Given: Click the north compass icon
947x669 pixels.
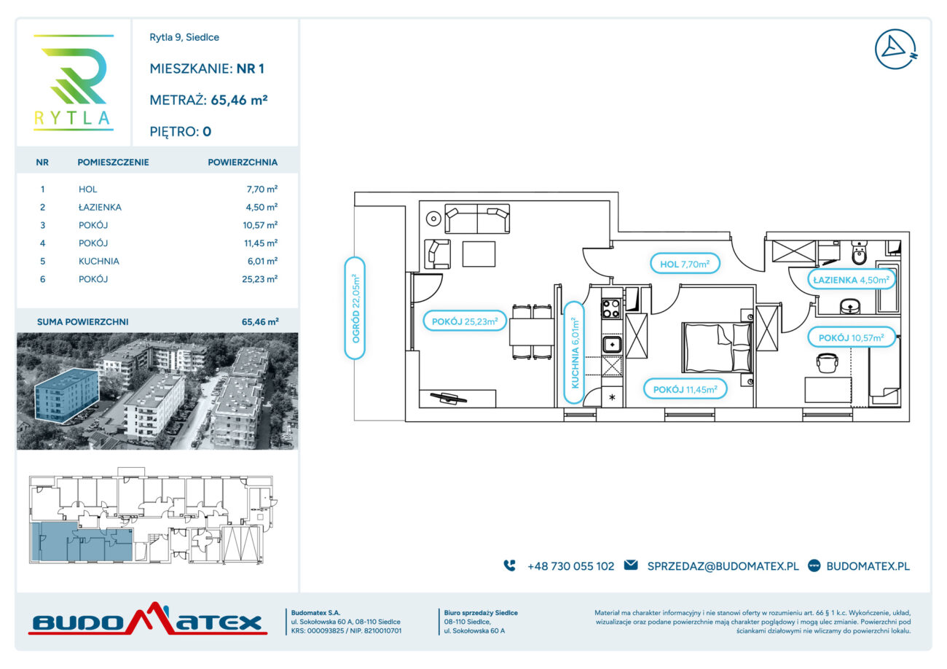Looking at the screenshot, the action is [x=895, y=49].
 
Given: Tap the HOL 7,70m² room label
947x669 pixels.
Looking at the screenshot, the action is [x=685, y=264].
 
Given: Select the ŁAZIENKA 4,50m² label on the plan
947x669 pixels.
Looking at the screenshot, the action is [x=851, y=280].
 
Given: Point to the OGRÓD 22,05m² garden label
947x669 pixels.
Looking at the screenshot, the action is [x=355, y=308].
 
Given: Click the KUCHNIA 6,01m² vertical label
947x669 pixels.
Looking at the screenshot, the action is [x=574, y=352].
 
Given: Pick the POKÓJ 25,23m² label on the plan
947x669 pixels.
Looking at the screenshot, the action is [x=465, y=321].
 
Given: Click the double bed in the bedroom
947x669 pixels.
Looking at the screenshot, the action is [x=717, y=347].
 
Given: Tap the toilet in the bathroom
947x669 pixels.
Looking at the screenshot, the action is [x=859, y=252].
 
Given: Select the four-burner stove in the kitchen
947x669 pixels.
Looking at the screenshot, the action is [x=611, y=308].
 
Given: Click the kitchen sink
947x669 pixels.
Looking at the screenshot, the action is [x=611, y=344].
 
